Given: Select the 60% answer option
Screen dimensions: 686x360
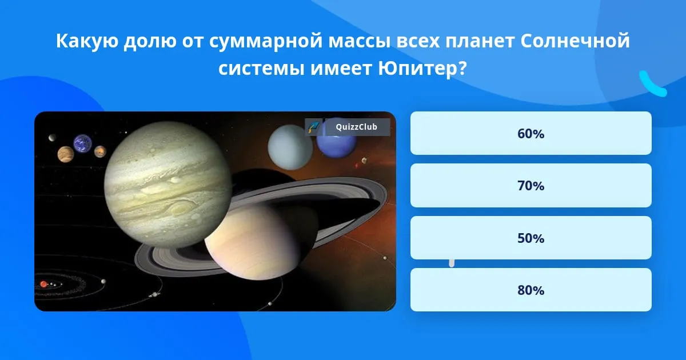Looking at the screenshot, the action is click(x=531, y=133).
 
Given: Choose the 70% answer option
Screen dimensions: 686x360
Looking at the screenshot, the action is click(x=531, y=186).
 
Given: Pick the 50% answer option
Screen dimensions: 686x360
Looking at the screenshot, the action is click(x=531, y=238).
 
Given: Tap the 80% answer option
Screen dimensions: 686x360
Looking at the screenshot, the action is click(x=531, y=290).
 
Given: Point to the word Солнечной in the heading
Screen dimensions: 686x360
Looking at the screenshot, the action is click(x=575, y=41).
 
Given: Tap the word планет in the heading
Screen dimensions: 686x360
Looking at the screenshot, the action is click(x=480, y=41).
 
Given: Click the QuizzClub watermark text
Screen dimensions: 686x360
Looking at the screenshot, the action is click(x=357, y=127).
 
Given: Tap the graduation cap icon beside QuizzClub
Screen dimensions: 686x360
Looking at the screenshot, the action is click(x=314, y=127).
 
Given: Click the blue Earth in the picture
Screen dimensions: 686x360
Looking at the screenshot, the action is click(x=82, y=143).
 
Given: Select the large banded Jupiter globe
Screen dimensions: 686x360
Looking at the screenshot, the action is click(x=168, y=185).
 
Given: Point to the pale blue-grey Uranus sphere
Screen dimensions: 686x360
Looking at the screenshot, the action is click(x=290, y=147).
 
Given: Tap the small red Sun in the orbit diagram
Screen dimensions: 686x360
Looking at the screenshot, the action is click(x=44, y=285).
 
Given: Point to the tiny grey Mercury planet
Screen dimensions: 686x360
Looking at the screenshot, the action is click(x=52, y=138).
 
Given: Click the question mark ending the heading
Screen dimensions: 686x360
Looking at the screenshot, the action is click(x=462, y=68).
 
